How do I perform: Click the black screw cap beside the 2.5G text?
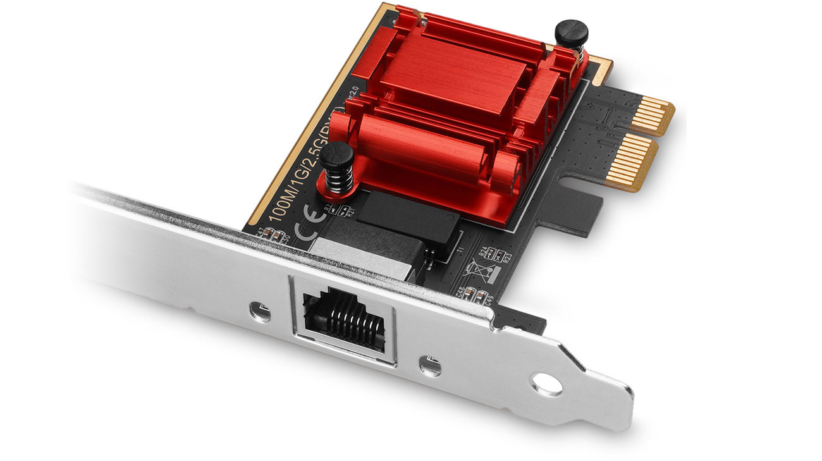pos(335,154)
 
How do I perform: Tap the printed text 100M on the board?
pos(276,202)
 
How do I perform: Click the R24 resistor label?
pos(485,252)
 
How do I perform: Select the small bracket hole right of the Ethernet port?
pos(431,365)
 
